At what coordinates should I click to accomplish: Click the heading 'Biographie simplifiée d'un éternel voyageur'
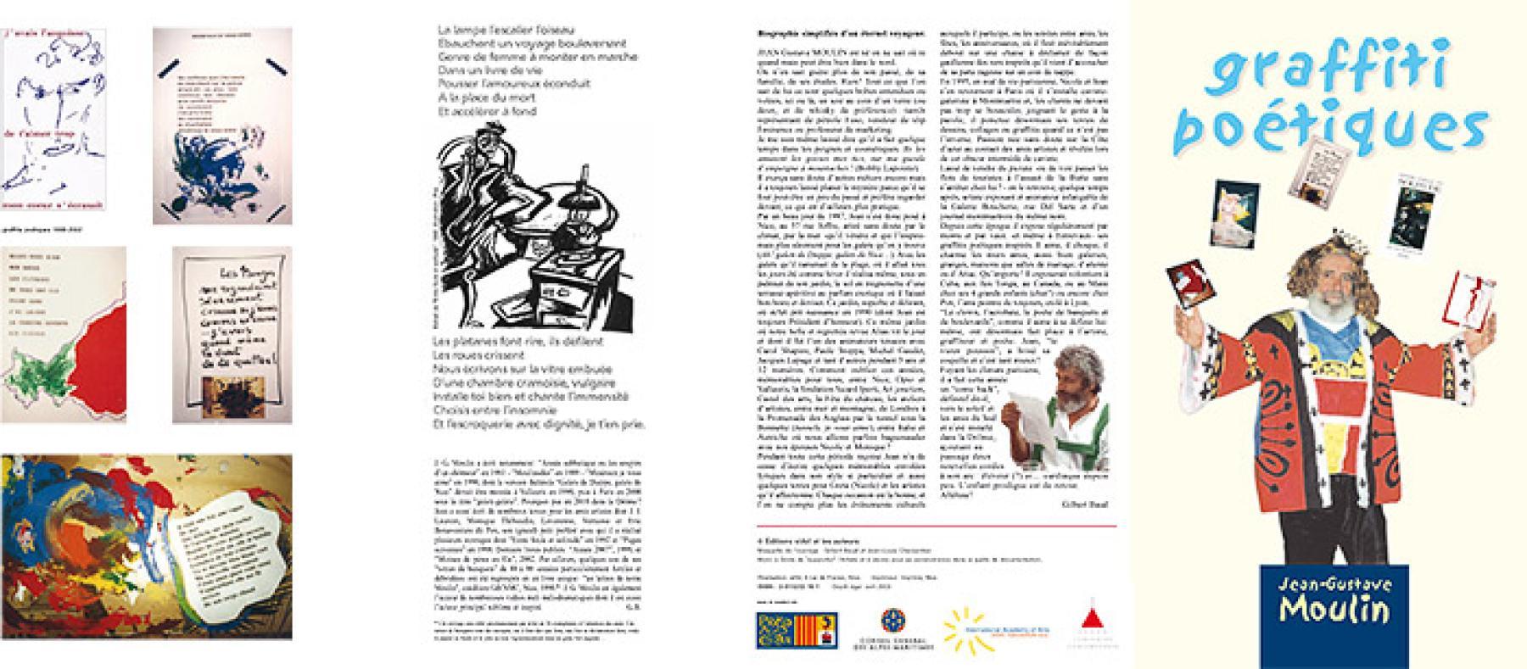827,34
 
